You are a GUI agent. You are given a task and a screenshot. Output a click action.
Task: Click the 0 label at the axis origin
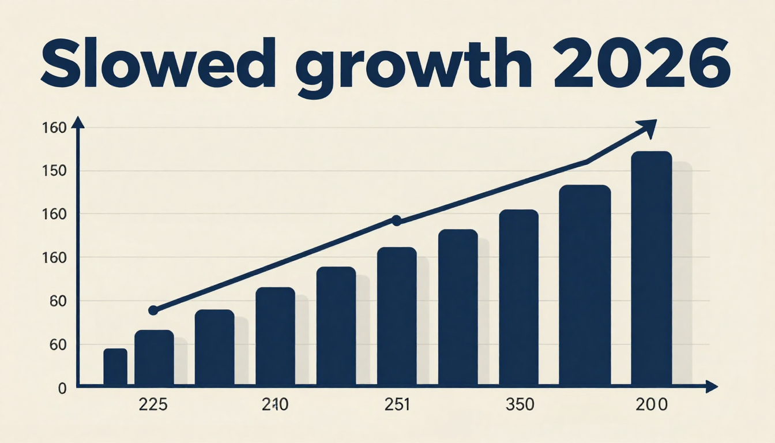click(62, 389)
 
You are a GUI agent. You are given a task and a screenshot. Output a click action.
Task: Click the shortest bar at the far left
click(115, 367)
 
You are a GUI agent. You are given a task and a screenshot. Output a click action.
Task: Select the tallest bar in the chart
click(652, 269)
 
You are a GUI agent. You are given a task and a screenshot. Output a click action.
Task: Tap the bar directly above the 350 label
click(518, 298)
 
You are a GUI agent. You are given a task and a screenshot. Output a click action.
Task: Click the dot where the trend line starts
click(153, 310)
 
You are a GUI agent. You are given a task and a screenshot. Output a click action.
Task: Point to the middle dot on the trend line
click(396, 220)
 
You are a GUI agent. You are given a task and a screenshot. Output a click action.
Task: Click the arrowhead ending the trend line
click(648, 128)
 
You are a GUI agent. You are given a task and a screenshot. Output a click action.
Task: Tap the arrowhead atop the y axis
click(78, 122)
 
